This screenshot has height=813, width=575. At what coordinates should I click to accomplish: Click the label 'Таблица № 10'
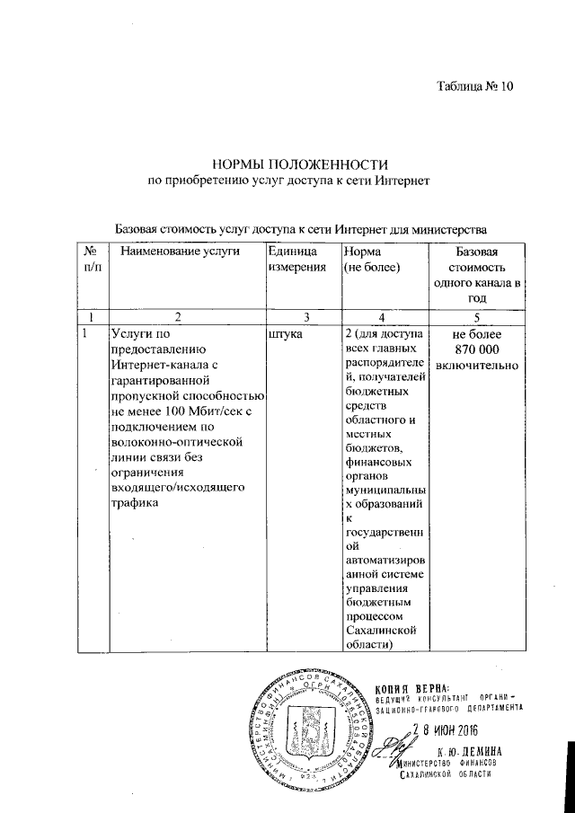point(473,87)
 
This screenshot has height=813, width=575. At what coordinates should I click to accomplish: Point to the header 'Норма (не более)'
point(372,260)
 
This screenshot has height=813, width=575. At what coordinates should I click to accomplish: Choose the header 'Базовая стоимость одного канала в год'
point(476,274)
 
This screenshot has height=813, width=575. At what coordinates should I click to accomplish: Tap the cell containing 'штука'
point(287,334)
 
